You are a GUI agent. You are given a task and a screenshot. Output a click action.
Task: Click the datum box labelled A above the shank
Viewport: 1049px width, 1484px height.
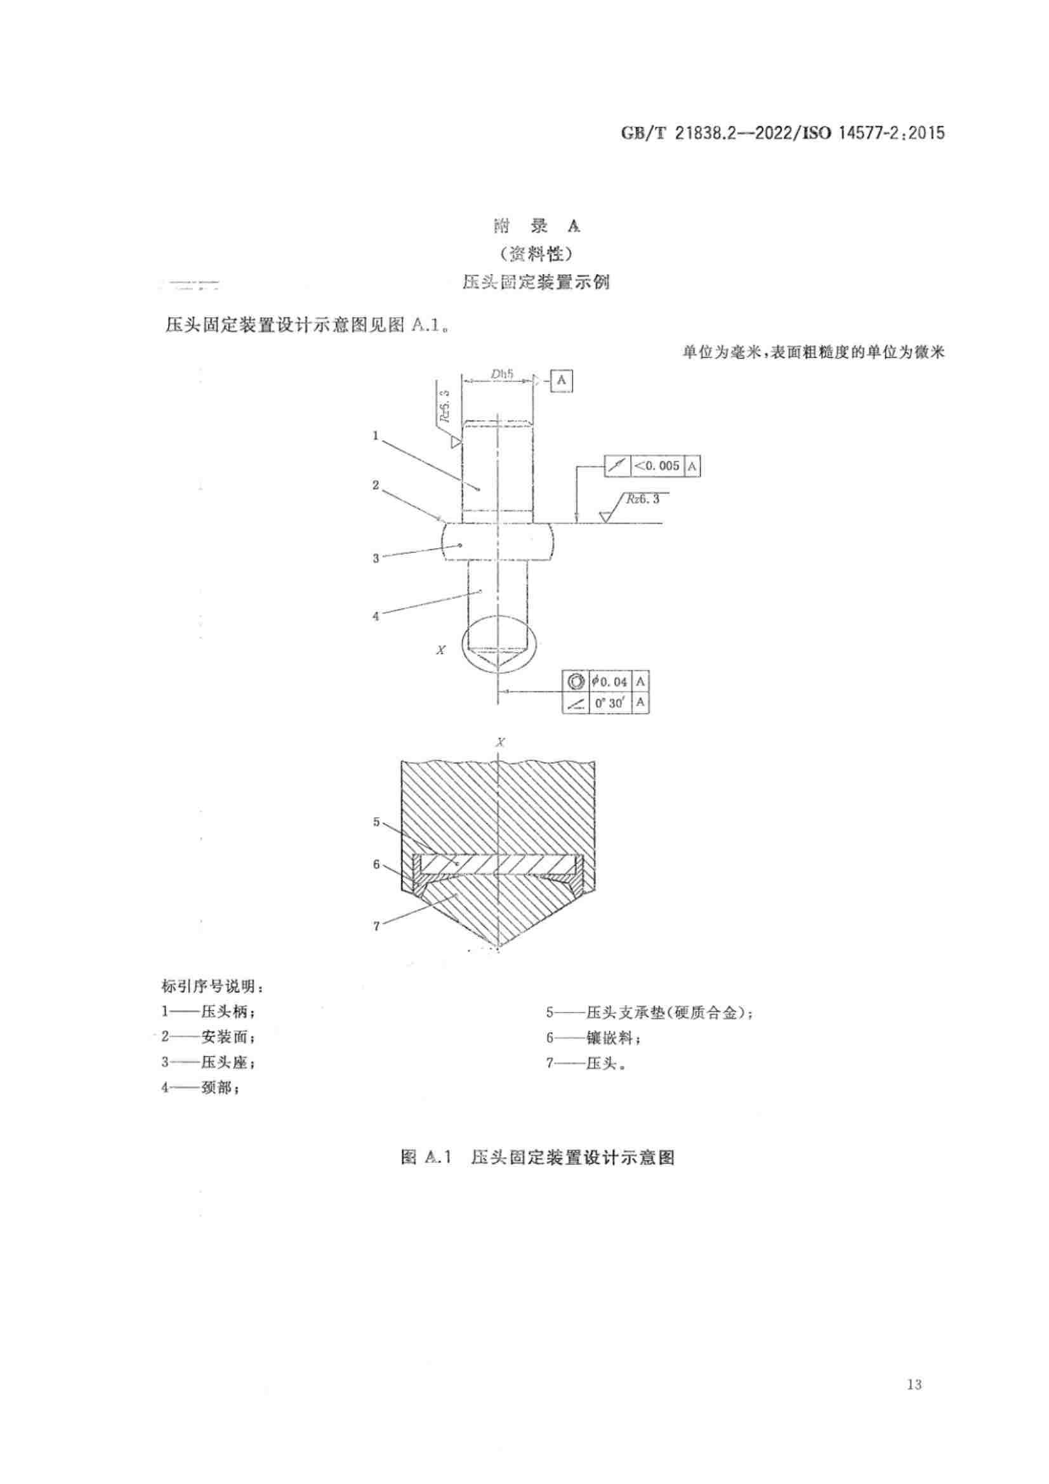[561, 380]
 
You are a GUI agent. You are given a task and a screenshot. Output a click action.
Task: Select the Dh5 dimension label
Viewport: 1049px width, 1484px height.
[501, 373]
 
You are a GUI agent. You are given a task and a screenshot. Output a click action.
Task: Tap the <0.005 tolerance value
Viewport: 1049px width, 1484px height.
[657, 465]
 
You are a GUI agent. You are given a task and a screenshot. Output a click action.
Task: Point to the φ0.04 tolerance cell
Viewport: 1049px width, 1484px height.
[610, 681]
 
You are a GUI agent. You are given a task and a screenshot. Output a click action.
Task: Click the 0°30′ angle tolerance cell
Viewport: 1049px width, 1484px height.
[610, 702]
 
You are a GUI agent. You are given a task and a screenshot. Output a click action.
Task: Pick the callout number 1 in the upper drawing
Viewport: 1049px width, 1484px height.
[375, 436]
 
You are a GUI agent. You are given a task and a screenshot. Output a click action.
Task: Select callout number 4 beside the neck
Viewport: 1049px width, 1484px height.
[376, 616]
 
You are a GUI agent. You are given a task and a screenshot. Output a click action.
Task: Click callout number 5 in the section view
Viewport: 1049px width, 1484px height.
[376, 822]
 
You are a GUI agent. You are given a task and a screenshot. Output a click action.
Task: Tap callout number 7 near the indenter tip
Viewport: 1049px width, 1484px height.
[376, 926]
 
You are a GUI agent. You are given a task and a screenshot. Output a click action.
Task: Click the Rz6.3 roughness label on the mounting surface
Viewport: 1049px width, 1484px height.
[642, 499]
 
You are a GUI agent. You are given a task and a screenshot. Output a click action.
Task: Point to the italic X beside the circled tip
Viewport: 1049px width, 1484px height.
[441, 650]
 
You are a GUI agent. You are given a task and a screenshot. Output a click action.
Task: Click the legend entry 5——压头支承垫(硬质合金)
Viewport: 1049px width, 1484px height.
[649, 1012]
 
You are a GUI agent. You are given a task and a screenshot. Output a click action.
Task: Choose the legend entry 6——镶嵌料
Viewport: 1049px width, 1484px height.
[594, 1037]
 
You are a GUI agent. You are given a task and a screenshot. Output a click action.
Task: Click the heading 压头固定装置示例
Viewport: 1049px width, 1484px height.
[536, 282]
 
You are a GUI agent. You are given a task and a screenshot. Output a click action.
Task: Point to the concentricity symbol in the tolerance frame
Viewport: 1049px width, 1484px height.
[575, 681]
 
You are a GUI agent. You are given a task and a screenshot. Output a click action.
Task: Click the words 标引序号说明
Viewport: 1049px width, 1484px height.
[212, 987]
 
